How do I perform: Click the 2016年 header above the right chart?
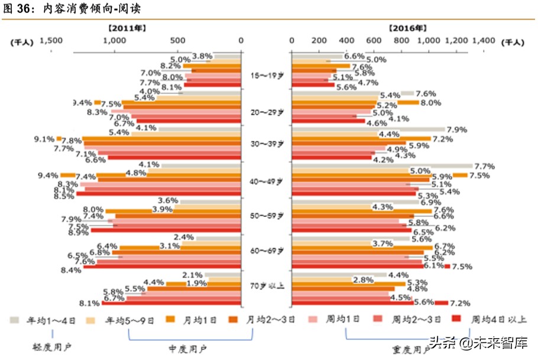[407, 28]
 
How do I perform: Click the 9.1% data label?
[45, 140]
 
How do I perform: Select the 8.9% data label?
[78, 233]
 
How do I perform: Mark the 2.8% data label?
[363, 279]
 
